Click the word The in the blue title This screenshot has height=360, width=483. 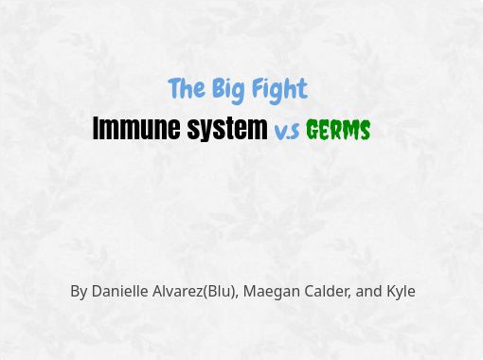(187, 88)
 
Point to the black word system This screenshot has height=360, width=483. (227, 130)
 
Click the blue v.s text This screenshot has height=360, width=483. (287, 131)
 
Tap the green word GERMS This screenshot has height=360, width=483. (338, 130)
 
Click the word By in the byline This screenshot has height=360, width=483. (79, 292)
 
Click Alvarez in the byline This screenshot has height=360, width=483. (178, 291)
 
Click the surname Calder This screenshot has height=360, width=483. (328, 291)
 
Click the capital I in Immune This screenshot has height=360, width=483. (96, 128)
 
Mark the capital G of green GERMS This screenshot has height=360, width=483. (313, 130)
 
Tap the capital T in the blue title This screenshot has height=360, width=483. (174, 88)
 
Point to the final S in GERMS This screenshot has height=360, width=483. (365, 130)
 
